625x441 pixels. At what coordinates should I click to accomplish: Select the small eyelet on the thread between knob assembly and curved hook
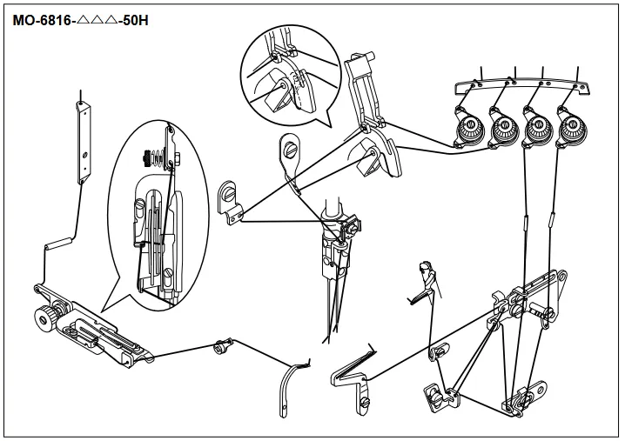[x=221, y=347]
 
